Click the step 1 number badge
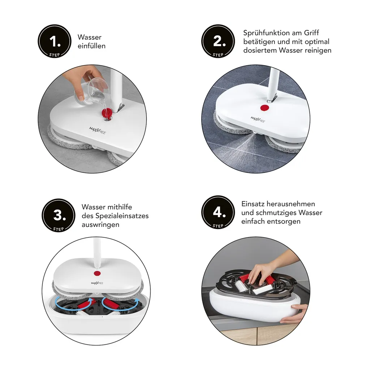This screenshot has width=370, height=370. [55, 41]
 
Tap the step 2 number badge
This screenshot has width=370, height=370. [218, 41]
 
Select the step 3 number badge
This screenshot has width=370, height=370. [59, 215]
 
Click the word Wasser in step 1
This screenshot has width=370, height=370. [90, 37]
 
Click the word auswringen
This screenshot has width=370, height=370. [100, 225]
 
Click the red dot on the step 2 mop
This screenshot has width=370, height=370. [265, 108]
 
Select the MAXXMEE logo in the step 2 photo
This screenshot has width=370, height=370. [258, 119]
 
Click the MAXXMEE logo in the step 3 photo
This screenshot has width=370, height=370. [97, 283]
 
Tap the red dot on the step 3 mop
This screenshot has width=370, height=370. [97, 274]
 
